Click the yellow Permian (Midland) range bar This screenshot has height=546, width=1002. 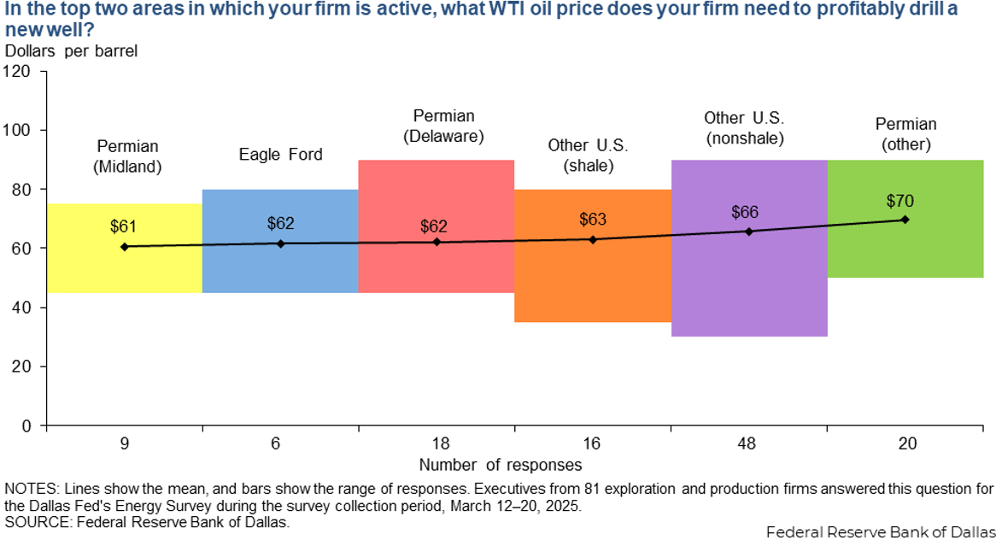pyautogui.click(x=124, y=269)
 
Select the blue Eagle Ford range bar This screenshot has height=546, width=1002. pyautogui.click(x=280, y=269)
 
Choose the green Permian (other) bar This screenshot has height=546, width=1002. pyautogui.click(x=905, y=252)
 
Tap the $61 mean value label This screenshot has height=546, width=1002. pyautogui.click(x=124, y=227)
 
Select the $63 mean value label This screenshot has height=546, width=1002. pyautogui.click(x=593, y=220)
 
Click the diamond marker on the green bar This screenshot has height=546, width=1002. pyautogui.click(x=905, y=220)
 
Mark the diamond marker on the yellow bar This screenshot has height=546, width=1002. pyautogui.click(x=125, y=246)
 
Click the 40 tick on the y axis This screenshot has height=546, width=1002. pyautogui.click(x=24, y=308)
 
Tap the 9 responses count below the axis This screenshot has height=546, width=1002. pyautogui.click(x=124, y=444)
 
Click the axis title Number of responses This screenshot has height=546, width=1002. pyautogui.click(x=501, y=466)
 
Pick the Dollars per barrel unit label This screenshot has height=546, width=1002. pyautogui.click(x=71, y=50)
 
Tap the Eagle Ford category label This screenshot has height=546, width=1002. pyautogui.click(x=280, y=155)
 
